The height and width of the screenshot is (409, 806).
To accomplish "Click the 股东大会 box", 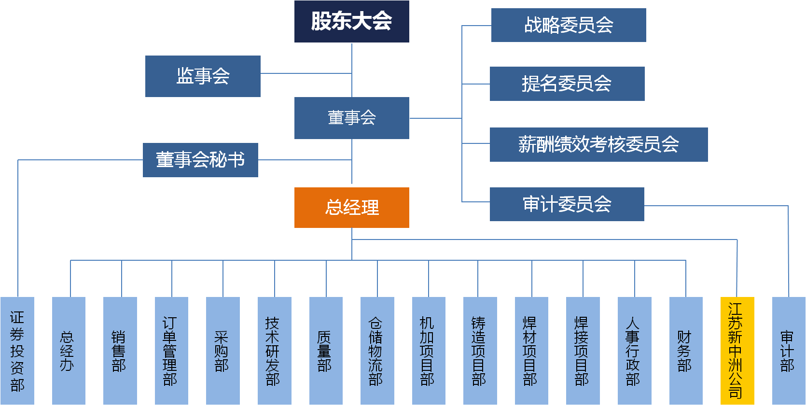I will point(351,21).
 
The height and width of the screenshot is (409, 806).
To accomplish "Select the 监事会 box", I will point(203,76).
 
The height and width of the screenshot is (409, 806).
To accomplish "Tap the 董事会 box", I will point(351,118).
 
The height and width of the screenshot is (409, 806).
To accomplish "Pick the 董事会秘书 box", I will point(200,160).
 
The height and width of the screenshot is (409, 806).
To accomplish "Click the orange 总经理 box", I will point(351,207).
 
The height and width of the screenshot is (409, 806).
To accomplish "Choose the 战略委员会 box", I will point(569,25).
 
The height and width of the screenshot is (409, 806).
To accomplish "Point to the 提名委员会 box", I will point(567,84).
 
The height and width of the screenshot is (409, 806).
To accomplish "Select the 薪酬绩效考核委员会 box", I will point(598,144).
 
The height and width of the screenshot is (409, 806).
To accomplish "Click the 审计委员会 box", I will point(567,204).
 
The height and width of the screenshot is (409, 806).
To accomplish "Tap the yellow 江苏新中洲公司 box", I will point(737,351).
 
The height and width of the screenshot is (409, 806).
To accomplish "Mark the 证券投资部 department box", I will point(17,351).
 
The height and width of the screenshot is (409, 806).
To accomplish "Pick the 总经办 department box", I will point(69,351).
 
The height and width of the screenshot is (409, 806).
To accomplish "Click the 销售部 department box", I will point(120,351).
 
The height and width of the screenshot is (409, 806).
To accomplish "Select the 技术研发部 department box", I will point(274,351).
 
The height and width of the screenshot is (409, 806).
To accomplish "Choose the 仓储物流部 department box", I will point(377,351).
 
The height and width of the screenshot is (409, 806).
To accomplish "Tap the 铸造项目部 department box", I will point(480,351).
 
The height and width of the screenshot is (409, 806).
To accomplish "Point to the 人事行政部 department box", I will point(634,351).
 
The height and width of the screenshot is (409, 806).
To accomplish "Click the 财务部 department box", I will point(686,351).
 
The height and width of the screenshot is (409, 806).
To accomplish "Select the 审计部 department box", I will point(789,351).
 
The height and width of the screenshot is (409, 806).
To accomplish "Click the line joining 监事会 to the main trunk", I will point(306,73).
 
